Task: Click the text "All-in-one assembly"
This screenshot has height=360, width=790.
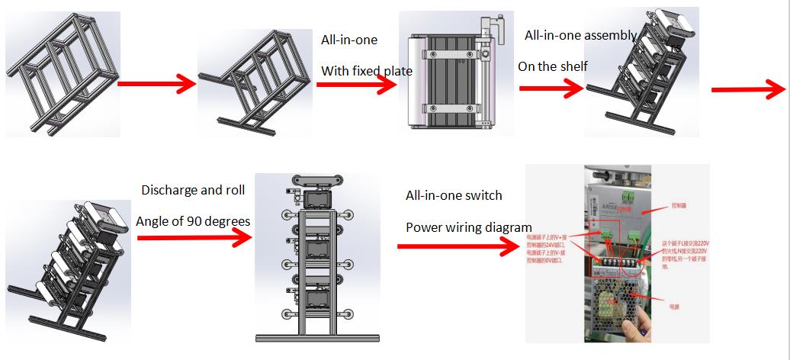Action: point(580,35)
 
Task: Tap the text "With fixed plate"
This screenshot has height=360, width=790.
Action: point(366,71)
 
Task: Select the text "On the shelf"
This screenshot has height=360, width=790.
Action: point(552,66)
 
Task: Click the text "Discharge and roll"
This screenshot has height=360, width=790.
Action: point(193,190)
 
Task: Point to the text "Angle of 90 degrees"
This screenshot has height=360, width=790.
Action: point(193,221)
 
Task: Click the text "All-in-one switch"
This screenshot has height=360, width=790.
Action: point(454,195)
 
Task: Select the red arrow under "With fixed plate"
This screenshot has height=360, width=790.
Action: point(357,85)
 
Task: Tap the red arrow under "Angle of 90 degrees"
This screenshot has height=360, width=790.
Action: point(194,238)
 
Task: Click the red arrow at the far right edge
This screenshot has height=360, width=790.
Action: point(749,88)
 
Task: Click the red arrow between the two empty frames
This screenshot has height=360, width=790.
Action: point(157,83)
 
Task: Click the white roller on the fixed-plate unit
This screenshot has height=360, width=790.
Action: point(416,82)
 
